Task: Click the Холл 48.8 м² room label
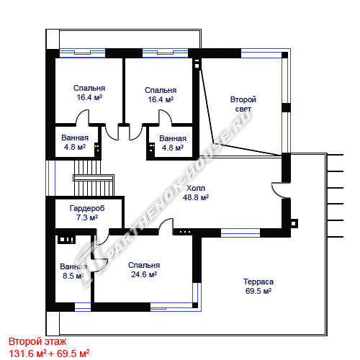click(196, 193)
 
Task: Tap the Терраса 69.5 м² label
click(258, 286)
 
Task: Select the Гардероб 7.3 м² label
click(87, 213)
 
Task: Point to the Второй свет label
click(243, 104)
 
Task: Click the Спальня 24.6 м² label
click(144, 270)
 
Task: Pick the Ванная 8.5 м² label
click(73, 271)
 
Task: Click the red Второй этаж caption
click(37, 341)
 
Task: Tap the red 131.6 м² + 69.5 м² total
click(49, 354)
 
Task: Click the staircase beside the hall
click(93, 178)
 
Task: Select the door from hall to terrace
click(279, 190)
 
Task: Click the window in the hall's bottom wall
click(240, 233)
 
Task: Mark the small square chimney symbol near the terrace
click(294, 223)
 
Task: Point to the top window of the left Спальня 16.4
click(82, 53)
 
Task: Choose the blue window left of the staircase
click(50, 178)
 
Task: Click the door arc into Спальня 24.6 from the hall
click(166, 225)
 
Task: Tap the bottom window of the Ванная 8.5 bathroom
click(83, 307)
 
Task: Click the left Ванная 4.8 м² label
click(75, 143)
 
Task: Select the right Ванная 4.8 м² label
click(173, 143)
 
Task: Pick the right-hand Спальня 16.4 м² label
click(161, 95)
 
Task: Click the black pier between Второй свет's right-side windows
click(286, 107)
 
